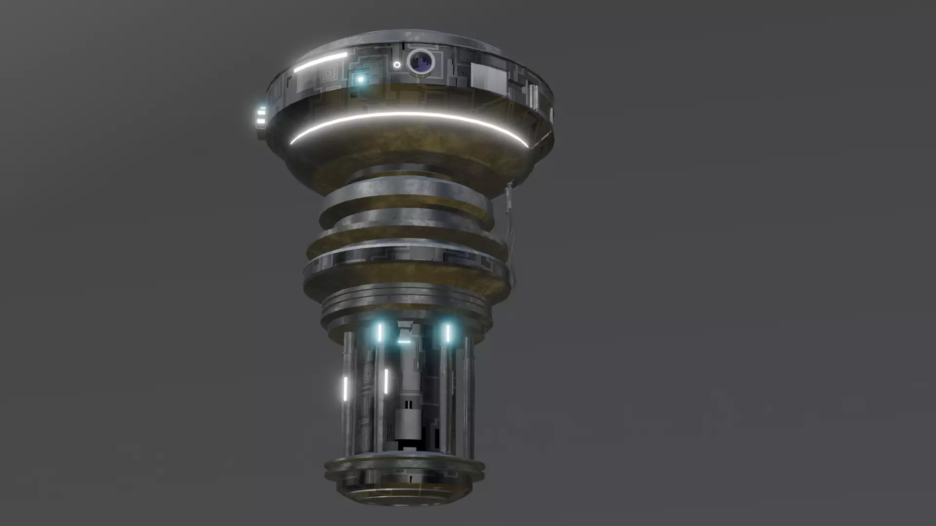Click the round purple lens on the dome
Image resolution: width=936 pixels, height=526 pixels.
click(421, 62)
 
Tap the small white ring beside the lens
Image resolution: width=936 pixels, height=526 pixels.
click(397, 65)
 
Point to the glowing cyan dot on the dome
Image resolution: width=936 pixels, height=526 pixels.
click(361, 79)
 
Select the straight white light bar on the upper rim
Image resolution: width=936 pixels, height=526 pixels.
click(320, 63)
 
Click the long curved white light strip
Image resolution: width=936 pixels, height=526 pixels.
click(409, 117)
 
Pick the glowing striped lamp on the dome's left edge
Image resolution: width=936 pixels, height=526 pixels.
click(261, 115)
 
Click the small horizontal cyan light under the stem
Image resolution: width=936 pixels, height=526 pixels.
click(404, 342)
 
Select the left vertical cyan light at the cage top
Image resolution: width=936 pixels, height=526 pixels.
click(379, 333)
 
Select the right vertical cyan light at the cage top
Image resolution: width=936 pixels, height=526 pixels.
click(448, 333)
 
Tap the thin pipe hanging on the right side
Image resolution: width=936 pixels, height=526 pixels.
click(509, 214)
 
